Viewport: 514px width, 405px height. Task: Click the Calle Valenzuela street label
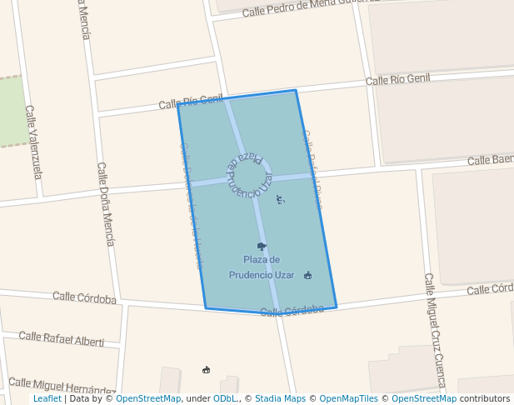[x=33, y=142]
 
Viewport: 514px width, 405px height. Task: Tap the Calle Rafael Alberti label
[x=62, y=338]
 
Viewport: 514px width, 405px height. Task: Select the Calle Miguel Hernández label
[x=62, y=386]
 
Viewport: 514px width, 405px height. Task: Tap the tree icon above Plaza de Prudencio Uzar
[x=262, y=246]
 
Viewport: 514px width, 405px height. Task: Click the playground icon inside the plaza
[x=280, y=198]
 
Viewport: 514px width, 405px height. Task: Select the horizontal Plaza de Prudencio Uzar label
[x=262, y=267]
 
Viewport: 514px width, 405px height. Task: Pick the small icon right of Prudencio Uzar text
[x=308, y=275]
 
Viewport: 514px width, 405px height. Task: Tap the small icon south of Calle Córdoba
[x=207, y=369]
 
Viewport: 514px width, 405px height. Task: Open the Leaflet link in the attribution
[x=47, y=399]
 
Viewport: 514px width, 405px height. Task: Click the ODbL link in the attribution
[x=225, y=399]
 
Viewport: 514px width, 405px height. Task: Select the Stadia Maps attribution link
[x=280, y=399]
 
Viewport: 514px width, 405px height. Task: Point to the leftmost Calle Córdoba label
[x=84, y=297]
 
